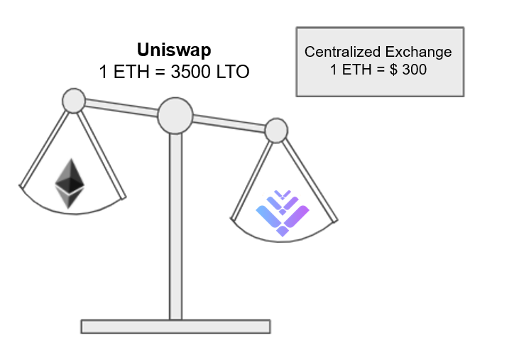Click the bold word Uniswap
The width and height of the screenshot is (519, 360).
tap(174, 50)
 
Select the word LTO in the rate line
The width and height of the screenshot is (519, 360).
tap(234, 72)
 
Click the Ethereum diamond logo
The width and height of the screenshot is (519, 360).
tap(70, 182)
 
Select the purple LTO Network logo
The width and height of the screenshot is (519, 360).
tap(283, 212)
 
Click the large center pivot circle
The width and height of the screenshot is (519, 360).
tap(175, 115)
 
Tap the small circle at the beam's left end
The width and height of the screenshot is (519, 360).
tap(74, 100)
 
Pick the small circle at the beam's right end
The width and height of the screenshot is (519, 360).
tap(276, 130)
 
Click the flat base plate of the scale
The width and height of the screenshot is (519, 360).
tap(175, 326)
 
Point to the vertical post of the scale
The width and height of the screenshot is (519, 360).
tap(175, 227)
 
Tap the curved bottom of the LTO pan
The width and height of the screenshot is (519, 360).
tap(284, 239)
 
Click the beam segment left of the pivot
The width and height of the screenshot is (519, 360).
tap(121, 107)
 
